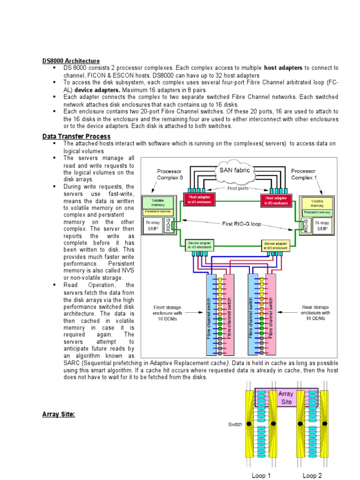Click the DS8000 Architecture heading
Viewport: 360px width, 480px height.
click(x=71, y=61)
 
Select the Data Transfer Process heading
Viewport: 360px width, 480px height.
click(x=76, y=136)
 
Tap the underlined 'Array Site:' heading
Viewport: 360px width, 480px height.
click(x=59, y=414)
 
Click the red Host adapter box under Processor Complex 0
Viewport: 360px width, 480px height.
click(x=199, y=200)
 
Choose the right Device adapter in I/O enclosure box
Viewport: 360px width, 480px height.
click(x=275, y=246)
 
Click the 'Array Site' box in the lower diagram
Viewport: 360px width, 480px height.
click(x=285, y=397)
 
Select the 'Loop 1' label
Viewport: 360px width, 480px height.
click(x=261, y=475)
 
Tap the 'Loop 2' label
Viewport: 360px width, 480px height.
click(x=312, y=475)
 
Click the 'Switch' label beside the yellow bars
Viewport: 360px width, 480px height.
click(x=235, y=424)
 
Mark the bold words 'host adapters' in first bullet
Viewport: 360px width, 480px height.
click(x=283, y=68)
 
